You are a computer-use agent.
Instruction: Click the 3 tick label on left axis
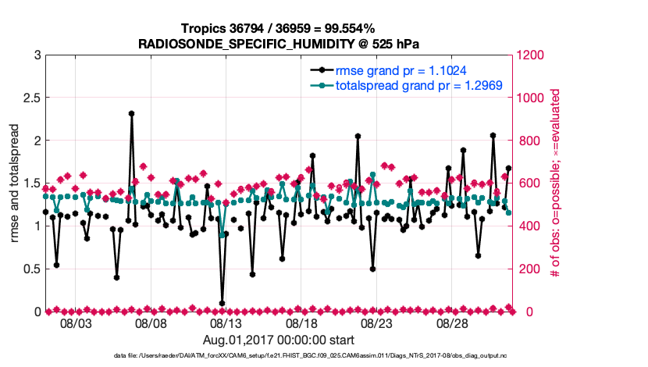point(36,55)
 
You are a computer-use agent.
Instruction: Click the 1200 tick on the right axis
point(531,55)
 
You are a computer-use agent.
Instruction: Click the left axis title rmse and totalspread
point(14,183)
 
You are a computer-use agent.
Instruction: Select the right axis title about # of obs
point(555,183)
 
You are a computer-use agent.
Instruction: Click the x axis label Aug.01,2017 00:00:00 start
point(278,340)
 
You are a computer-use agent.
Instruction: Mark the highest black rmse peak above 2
point(132,113)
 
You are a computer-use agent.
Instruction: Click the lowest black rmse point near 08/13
point(223,303)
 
